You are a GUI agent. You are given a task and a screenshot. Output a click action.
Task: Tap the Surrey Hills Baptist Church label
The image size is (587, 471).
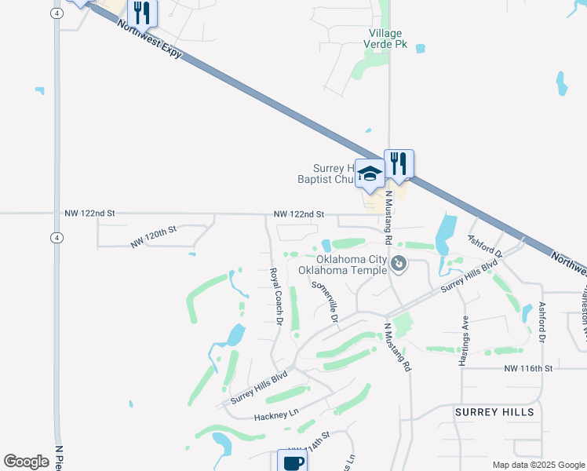[x=335, y=173]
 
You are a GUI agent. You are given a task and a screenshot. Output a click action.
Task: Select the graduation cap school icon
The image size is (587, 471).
[x=370, y=173]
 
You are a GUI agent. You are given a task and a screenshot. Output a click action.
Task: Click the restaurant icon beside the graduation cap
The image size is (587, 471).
[x=399, y=164]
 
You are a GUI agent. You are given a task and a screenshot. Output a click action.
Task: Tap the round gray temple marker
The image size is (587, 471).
[x=399, y=265]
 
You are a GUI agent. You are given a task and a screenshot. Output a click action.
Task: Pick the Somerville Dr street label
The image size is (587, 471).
[x=325, y=302]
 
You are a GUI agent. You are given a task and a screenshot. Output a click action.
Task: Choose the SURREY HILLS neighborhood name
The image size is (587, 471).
[x=494, y=412]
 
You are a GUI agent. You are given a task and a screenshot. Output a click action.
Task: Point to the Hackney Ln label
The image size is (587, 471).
[x=277, y=413]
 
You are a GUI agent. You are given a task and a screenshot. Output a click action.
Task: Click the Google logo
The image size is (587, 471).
[x=26, y=462]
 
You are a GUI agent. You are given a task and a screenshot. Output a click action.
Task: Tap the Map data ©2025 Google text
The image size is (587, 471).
[x=538, y=465]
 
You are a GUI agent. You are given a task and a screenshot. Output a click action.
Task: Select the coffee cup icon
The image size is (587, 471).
[x=293, y=462]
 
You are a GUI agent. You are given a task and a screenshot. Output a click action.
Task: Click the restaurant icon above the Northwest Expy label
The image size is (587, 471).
[x=141, y=13]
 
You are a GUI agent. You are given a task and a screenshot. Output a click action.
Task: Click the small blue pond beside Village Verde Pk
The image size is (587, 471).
[x=421, y=49]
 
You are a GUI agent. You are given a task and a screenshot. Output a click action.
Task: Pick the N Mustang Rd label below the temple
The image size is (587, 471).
[x=397, y=345]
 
